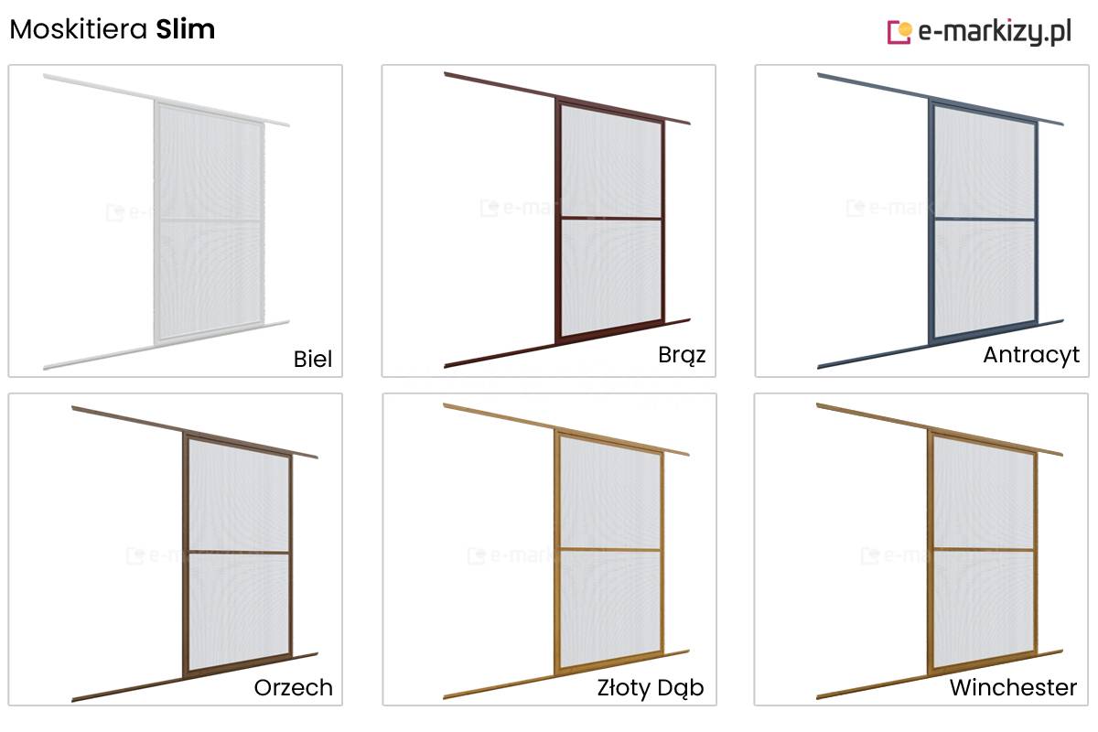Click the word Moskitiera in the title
79,29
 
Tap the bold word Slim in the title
185,29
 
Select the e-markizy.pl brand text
995,32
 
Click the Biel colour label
313,359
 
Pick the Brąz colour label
682,355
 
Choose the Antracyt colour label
1031,355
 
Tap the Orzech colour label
293,687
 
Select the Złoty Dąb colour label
651,687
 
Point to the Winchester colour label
1013,687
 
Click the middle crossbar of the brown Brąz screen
611,218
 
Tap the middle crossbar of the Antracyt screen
985,219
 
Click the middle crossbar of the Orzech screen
239,552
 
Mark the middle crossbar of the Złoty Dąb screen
611,550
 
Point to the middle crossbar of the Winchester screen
984,550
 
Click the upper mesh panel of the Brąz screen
611,162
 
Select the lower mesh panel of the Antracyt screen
985,278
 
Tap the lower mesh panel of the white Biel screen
210,279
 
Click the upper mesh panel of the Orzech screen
239,495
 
